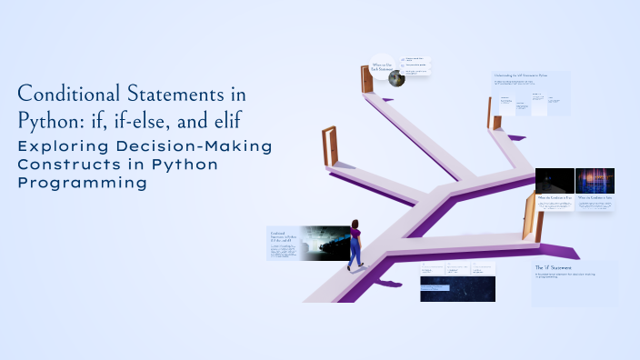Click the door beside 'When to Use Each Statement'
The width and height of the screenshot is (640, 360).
pyautogui.click(x=367, y=79)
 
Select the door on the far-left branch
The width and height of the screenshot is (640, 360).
pyautogui.click(x=329, y=146)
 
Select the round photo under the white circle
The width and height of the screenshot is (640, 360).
pyautogui.click(x=396, y=79)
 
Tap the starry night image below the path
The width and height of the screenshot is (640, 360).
pyautogui.click(x=457, y=288)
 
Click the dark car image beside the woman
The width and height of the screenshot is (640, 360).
pyautogui.click(x=324, y=243)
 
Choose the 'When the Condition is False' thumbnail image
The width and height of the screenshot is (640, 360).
pyautogui.click(x=595, y=181)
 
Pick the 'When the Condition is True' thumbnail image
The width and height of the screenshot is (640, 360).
pyautogui.click(x=554, y=181)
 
